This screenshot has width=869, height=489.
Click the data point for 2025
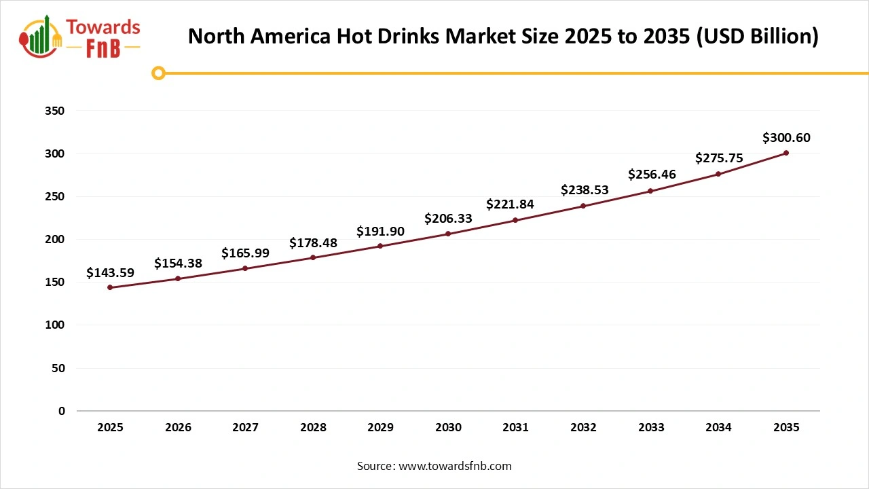110,287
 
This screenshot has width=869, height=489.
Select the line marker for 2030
448,234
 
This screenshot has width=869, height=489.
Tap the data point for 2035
786,153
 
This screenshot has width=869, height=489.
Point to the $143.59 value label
110,273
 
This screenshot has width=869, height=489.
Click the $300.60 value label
786,138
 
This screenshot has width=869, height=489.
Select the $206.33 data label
448,219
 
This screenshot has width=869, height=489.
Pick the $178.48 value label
313,243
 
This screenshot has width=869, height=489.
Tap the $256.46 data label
651,175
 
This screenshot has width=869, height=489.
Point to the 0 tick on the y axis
62,411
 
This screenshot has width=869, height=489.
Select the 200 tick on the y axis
56,239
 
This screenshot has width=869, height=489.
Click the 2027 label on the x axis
245,428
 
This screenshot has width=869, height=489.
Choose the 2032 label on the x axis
583,428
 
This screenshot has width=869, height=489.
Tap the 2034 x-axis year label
718,428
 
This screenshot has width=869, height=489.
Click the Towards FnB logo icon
41,37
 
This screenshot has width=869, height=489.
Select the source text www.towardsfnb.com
455,466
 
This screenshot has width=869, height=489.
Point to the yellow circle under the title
158,73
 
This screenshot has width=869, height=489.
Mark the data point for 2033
650,191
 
